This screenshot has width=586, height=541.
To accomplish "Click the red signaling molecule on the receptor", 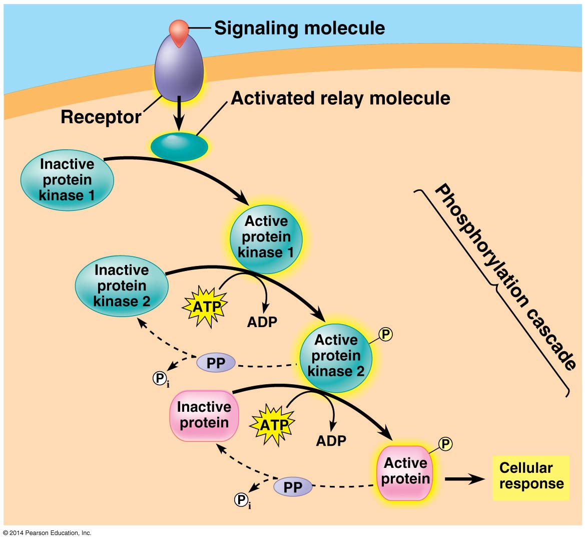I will [x=179, y=31].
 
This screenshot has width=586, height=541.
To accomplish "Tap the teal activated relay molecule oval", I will [x=179, y=146].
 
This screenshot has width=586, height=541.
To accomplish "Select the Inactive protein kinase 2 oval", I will [x=122, y=286].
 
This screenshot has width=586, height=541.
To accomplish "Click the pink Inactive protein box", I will [x=204, y=415].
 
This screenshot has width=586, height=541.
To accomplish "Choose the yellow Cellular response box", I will [x=531, y=477].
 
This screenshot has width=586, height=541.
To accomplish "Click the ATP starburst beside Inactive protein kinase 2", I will [x=206, y=307].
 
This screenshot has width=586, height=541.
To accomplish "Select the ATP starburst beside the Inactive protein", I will [x=273, y=425].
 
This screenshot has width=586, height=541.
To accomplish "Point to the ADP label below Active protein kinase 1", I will [x=262, y=322].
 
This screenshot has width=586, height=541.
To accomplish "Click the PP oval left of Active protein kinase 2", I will [x=216, y=363].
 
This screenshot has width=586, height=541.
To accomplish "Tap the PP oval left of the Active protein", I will [x=293, y=487].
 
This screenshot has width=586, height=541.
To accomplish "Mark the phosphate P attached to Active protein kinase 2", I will [x=385, y=334].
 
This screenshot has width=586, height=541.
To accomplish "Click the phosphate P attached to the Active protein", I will [x=445, y=444].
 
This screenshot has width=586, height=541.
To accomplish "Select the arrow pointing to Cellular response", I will [x=464, y=479].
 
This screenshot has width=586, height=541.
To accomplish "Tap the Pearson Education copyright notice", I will [x=48, y=533].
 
